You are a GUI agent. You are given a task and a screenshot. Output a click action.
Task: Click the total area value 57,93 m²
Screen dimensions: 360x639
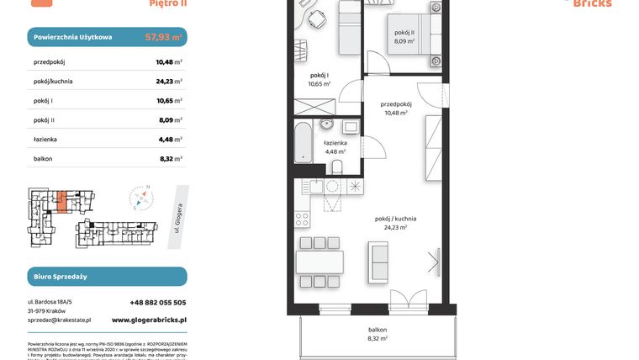[x=164, y=38]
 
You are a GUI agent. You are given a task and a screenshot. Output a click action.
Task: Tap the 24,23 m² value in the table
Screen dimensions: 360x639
[x=169, y=81]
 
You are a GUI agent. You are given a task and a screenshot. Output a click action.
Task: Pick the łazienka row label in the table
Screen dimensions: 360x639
[x=48, y=139]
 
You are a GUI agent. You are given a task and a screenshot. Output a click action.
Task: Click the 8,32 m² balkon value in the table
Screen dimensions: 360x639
[x=169, y=158]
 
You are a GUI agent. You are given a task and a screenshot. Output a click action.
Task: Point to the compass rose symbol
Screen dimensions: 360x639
[x=141, y=199]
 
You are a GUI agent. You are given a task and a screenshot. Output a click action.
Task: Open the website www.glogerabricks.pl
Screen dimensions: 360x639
[x=149, y=320]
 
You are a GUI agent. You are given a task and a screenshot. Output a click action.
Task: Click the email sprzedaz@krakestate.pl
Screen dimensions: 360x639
[x=59, y=320]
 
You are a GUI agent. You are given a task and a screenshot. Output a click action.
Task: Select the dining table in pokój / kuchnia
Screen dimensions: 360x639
[x=319, y=262]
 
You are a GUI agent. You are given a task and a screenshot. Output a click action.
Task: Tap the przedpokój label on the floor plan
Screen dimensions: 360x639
[x=395, y=104]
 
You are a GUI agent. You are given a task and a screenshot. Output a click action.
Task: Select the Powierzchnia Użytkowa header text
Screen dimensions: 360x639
[x=72, y=38]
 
